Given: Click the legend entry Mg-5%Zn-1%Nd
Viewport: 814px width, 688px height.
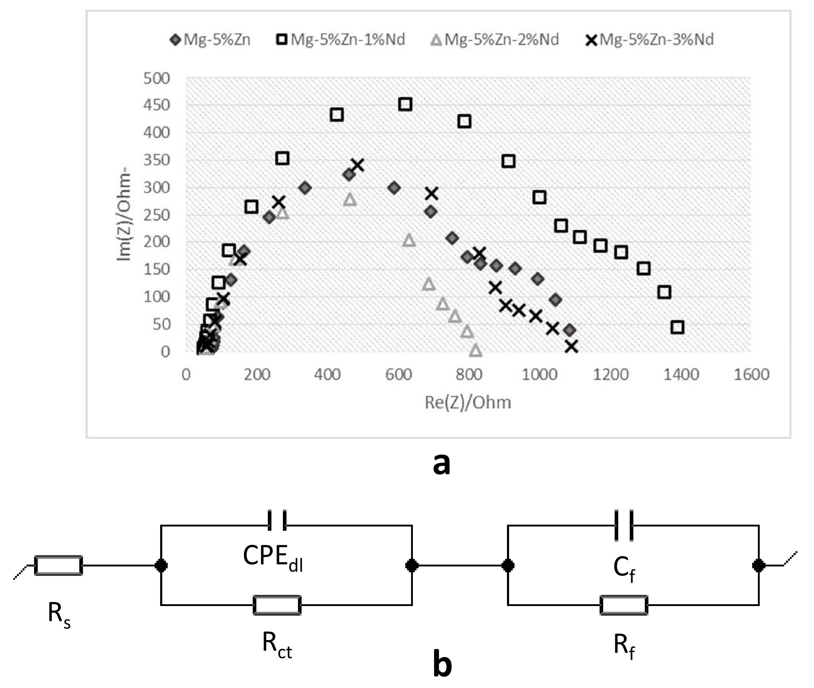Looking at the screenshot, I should pyautogui.click(x=341, y=39).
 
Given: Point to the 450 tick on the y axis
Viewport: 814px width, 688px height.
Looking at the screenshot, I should pyautogui.click(x=157, y=105).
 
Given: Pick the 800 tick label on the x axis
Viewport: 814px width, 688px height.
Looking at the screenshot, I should pyautogui.click(x=469, y=374).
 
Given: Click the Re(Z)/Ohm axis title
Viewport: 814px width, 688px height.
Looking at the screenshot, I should pyautogui.click(x=468, y=402).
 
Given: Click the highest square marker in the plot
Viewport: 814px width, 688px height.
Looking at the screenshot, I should pyautogui.click(x=405, y=104).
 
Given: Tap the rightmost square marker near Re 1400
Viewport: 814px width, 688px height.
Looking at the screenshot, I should pyautogui.click(x=677, y=327).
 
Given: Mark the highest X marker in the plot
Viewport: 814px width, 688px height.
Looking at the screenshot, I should pyautogui.click(x=357, y=165).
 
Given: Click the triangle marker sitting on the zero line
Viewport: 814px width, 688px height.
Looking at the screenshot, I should pyautogui.click(x=476, y=350).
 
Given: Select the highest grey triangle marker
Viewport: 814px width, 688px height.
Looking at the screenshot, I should pyautogui.click(x=350, y=199).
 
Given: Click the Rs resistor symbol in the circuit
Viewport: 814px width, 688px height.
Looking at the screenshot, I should pyautogui.click(x=59, y=565).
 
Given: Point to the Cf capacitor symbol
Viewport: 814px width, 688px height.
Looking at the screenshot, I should pyautogui.click(x=624, y=525).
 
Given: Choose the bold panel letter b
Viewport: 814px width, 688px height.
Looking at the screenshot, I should pyautogui.click(x=442, y=664).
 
